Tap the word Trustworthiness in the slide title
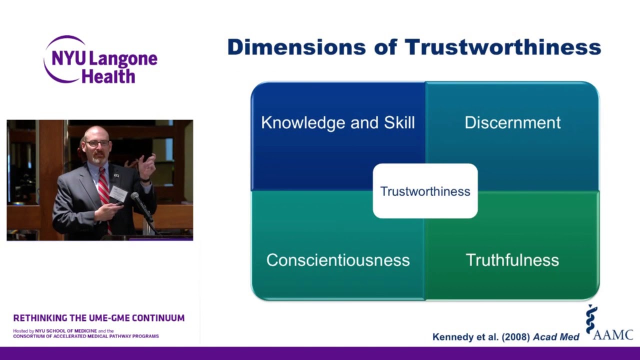502,47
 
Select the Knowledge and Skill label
338,123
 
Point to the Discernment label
512,123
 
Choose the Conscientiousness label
338,260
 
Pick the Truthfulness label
512,260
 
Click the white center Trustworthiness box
425,191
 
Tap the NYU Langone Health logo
100,60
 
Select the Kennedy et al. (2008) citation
505,337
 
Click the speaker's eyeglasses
97,143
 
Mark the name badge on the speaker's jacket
118,193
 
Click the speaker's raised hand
147,165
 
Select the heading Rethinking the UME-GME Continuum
99,318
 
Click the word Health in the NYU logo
108,76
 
